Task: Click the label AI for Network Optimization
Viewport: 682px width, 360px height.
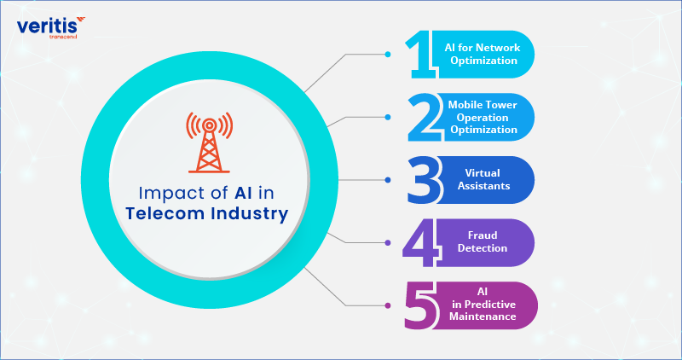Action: pos(486,55)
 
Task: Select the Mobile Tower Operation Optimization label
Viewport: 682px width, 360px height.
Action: pos(483,117)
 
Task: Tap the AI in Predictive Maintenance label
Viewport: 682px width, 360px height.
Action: pos(484,305)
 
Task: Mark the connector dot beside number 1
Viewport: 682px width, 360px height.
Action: pos(388,55)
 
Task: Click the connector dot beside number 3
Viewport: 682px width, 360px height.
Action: pos(388,180)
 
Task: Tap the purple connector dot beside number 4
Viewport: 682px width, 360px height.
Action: pos(388,243)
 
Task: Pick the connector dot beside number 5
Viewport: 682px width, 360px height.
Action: pos(388,305)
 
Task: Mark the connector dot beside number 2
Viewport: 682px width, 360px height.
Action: pos(388,117)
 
